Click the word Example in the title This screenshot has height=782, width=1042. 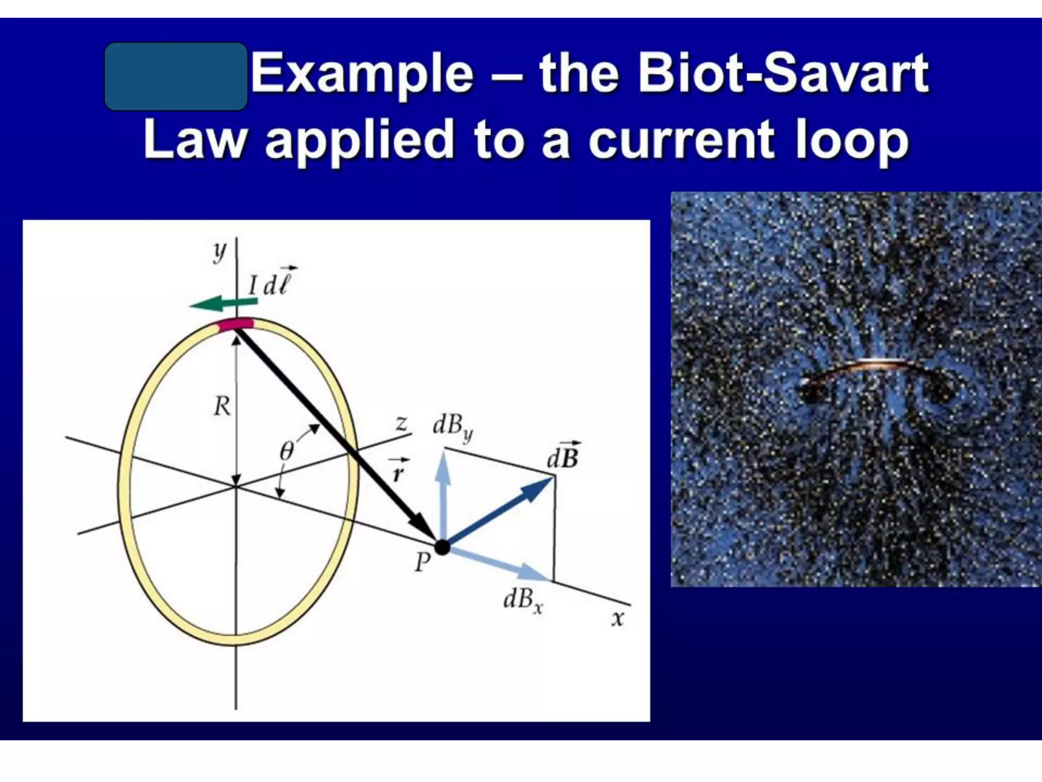[362, 75]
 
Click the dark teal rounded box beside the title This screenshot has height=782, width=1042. [176, 76]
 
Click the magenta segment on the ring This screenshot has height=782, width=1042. [236, 324]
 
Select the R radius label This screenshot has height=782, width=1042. [222, 406]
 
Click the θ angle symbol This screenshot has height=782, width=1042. [287, 451]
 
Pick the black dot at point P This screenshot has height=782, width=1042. [442, 547]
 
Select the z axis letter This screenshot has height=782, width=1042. [402, 423]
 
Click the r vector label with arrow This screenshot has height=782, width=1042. [398, 471]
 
